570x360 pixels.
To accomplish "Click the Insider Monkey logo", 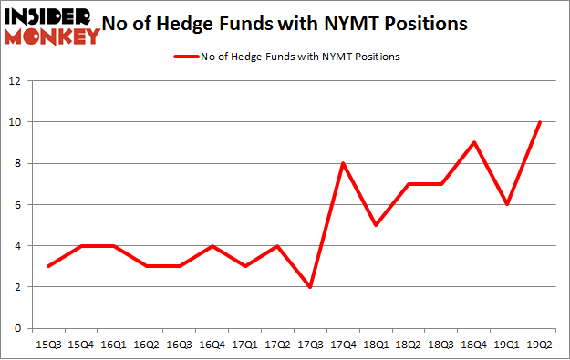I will (x=51, y=26).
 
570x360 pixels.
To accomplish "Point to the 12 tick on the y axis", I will (x=15, y=80).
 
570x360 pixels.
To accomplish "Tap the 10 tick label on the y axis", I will (x=15, y=122).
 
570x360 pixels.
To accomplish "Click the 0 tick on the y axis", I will (x=18, y=328).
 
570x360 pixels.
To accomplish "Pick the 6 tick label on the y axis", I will (x=18, y=205).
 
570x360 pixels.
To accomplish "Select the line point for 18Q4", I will (x=473, y=142).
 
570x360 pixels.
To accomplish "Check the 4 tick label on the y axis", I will (x=18, y=246).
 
